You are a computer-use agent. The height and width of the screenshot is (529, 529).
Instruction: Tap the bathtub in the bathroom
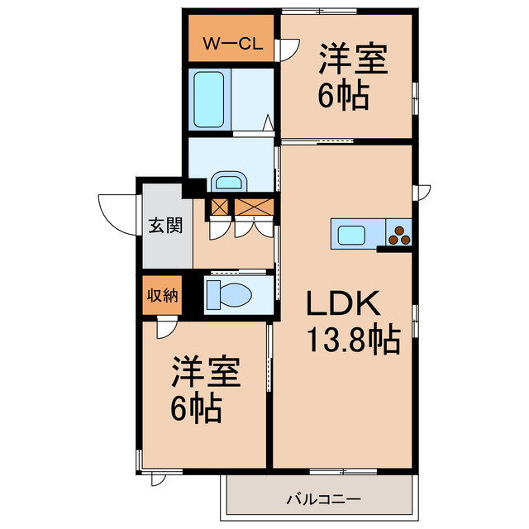point(212,98)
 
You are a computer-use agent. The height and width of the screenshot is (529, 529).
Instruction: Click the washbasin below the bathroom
point(229,182)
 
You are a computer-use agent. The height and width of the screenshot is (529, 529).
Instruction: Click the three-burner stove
point(398,233)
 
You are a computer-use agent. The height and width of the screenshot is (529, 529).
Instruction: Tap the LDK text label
point(343,306)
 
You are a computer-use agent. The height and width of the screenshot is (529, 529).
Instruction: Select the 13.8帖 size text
point(354,339)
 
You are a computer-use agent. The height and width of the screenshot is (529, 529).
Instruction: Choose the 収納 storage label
point(163,296)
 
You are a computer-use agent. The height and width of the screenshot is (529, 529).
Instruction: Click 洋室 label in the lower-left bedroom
point(207,374)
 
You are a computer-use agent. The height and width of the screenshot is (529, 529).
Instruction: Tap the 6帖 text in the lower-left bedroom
point(197,408)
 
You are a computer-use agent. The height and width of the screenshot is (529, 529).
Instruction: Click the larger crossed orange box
point(253,207)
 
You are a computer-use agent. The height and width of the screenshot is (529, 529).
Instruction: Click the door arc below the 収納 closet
point(165,328)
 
